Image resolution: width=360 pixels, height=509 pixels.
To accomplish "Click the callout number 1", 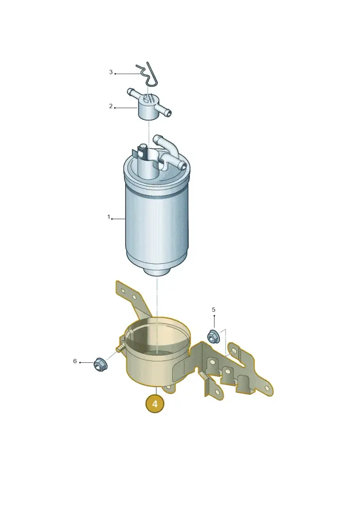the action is (109, 217).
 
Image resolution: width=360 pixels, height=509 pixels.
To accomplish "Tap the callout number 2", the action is (111, 106).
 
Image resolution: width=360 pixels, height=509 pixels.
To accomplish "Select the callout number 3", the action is (111, 72).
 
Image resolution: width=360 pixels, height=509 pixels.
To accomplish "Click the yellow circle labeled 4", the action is (154, 404).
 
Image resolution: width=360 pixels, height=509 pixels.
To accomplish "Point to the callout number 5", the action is (214, 310).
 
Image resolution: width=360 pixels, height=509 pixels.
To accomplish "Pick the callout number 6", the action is (75, 361).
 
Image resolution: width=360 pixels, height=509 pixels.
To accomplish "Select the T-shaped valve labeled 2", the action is (149, 104).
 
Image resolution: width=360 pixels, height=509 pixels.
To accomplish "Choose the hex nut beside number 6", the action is (100, 364).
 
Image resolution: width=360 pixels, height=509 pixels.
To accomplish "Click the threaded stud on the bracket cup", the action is (120, 348).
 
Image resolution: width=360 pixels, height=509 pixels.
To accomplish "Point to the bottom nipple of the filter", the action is (157, 271).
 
